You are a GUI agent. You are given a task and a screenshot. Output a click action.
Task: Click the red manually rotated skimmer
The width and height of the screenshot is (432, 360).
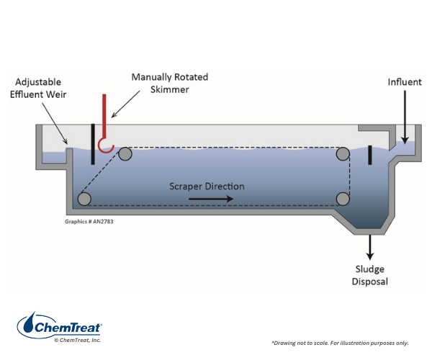(x=105, y=119)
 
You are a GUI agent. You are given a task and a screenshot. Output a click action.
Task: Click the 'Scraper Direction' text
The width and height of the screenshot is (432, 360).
(x=207, y=186)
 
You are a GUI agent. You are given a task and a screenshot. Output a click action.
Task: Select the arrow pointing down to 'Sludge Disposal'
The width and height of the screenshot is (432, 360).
(x=370, y=246)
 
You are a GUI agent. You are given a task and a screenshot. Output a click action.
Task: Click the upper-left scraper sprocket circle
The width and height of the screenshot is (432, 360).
(x=125, y=153)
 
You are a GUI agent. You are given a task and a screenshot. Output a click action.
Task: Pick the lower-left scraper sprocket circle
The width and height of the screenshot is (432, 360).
(x=85, y=199)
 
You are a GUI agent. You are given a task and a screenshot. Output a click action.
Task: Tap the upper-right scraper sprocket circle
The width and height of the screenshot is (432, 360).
(x=343, y=153)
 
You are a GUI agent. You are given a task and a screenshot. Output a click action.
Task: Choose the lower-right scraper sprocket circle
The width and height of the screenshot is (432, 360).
(x=343, y=199)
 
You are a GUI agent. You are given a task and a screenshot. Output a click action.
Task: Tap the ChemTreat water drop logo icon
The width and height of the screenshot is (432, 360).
(x=30, y=325)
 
